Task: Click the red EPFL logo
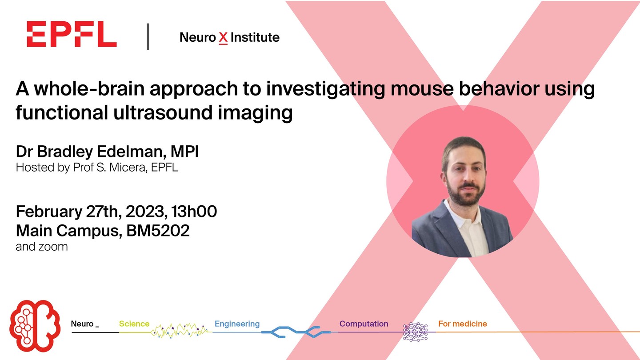pos(72,34)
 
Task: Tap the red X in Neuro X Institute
pos(223,38)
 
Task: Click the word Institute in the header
pos(255,37)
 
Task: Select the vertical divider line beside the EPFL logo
pos(148,37)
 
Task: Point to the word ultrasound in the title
pos(163,112)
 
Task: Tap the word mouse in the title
pos(422,88)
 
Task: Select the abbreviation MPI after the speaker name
pos(184,152)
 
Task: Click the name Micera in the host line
pos(128,168)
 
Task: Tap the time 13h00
pos(194,212)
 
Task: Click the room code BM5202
pos(158,231)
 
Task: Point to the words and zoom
pos(42,247)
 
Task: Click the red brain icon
pos(35,326)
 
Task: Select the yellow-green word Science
pos(134,324)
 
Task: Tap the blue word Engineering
pos(237,324)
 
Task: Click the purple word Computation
pos(364,324)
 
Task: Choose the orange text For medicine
pos(463,324)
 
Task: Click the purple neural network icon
pos(416,332)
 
